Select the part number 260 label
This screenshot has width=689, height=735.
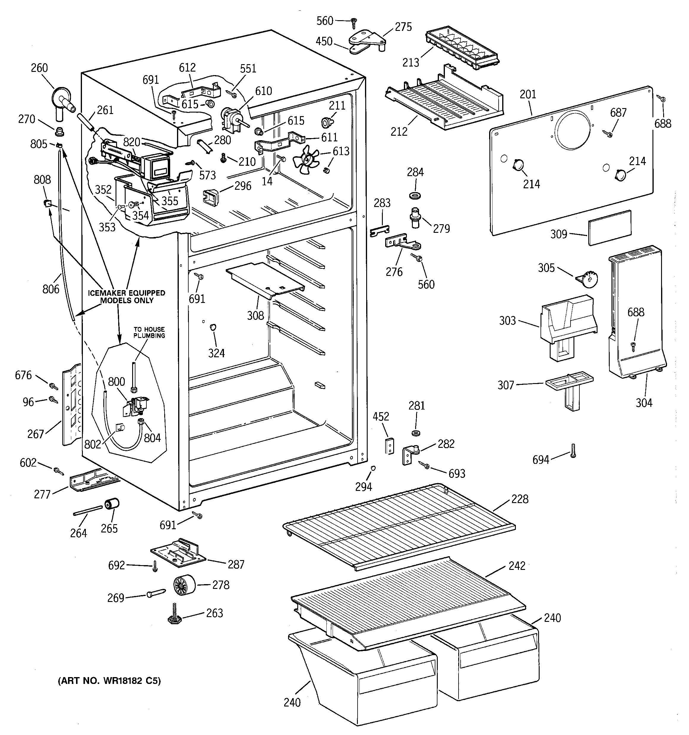click(x=39, y=68)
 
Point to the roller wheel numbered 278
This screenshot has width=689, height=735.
click(x=184, y=585)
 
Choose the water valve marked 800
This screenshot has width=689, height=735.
click(x=138, y=404)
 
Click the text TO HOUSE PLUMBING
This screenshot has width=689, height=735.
click(x=149, y=332)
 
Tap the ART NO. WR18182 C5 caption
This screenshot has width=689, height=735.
click(x=109, y=681)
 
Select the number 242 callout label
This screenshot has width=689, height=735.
click(x=517, y=566)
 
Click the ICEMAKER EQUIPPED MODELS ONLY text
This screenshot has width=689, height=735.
click(x=127, y=296)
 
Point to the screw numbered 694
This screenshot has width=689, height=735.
click(x=573, y=451)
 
